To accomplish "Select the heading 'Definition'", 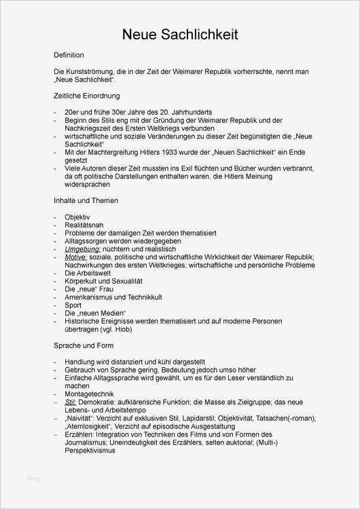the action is [69, 55].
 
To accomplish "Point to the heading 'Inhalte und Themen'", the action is [86, 201].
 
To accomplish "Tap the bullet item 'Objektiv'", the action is [77, 216].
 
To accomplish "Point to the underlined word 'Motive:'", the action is [77, 257].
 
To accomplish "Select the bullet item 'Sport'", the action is [72, 305].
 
